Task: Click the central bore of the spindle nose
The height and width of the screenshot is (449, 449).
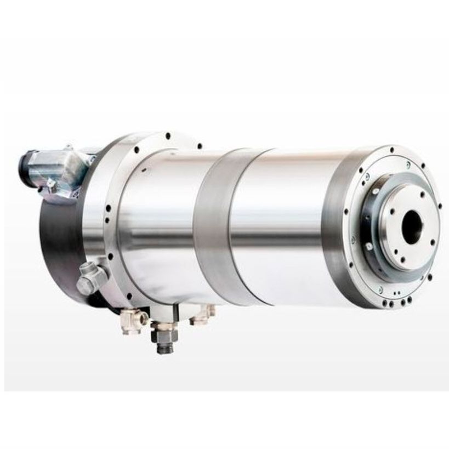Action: (412, 226)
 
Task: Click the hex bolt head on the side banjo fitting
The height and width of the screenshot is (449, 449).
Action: (86, 285)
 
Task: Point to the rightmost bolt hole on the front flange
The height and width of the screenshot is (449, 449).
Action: (439, 207)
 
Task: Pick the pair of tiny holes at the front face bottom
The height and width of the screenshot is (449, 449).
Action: (396, 294)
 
